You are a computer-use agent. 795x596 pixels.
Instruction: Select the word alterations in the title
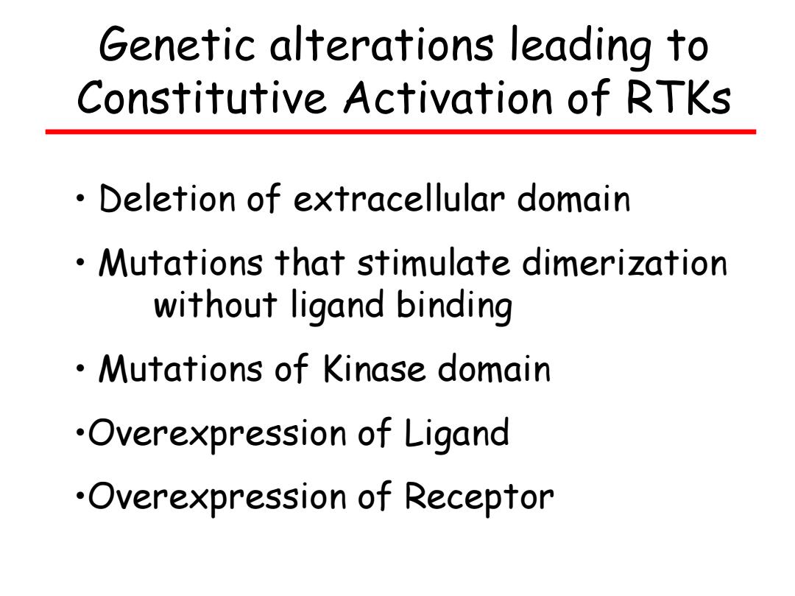381,45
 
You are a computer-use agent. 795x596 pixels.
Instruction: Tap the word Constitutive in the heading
201,97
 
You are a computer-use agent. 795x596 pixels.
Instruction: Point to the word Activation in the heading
448,97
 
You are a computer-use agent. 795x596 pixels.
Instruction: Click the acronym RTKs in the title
679,97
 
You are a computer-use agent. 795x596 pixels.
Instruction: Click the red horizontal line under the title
400,132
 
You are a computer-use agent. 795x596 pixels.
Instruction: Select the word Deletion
167,198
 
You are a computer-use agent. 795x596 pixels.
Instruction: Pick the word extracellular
399,198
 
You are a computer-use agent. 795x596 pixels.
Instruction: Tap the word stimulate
434,263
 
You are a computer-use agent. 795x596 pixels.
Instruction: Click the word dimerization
625,263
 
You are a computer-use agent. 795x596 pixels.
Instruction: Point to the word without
215,305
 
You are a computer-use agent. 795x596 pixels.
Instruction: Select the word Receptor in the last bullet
479,497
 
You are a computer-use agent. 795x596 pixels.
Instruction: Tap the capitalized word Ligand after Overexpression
456,434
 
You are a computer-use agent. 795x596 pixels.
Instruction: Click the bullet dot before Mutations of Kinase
80,369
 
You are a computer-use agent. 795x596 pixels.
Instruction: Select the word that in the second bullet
310,263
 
